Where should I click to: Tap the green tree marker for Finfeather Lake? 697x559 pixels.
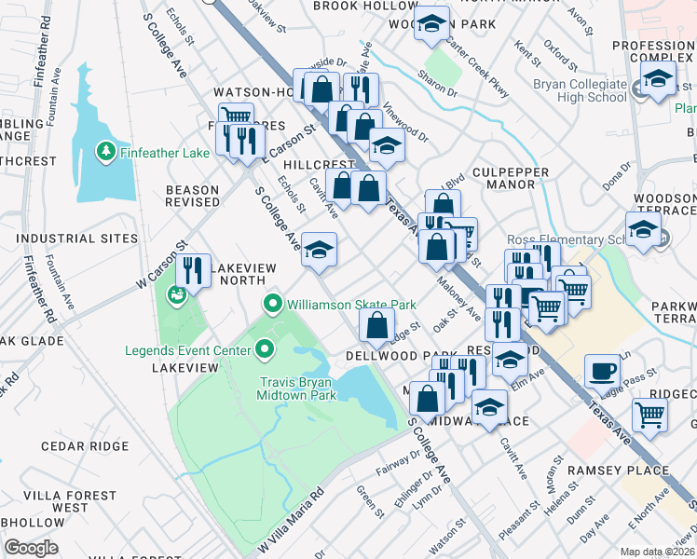pos(107,150)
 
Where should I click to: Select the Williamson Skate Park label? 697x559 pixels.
pos(350,304)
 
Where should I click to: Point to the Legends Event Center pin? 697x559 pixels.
pos(265,350)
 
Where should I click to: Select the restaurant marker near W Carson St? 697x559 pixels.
pos(193,269)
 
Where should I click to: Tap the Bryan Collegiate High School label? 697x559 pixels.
pos(581,90)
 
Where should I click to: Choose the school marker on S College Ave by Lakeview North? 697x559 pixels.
pos(319,250)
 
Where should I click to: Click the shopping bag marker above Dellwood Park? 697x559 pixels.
pos(377,325)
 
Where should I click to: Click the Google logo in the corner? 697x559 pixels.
pos(31,548)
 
